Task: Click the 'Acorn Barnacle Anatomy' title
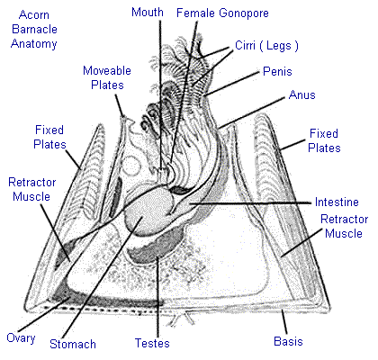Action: click(34, 29)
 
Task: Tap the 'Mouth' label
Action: click(148, 13)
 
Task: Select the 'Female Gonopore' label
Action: click(222, 13)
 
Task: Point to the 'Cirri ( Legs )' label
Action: click(266, 46)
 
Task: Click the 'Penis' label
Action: click(277, 71)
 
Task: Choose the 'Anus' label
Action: click(302, 94)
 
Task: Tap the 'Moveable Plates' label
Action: click(107, 77)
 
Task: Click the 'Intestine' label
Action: click(337, 202)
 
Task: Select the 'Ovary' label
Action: click(21, 338)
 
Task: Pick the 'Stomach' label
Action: click(73, 344)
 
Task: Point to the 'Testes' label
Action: click(152, 343)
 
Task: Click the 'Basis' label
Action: click(288, 341)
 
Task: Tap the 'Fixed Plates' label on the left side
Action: click(49, 137)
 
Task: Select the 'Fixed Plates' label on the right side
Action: click(324, 140)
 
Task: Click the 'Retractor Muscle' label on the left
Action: click(31, 189)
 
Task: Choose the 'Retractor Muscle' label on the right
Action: click(344, 226)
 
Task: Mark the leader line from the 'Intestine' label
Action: click(250, 203)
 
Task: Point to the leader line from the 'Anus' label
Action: click(252, 112)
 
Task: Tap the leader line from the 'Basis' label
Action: click(284, 322)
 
